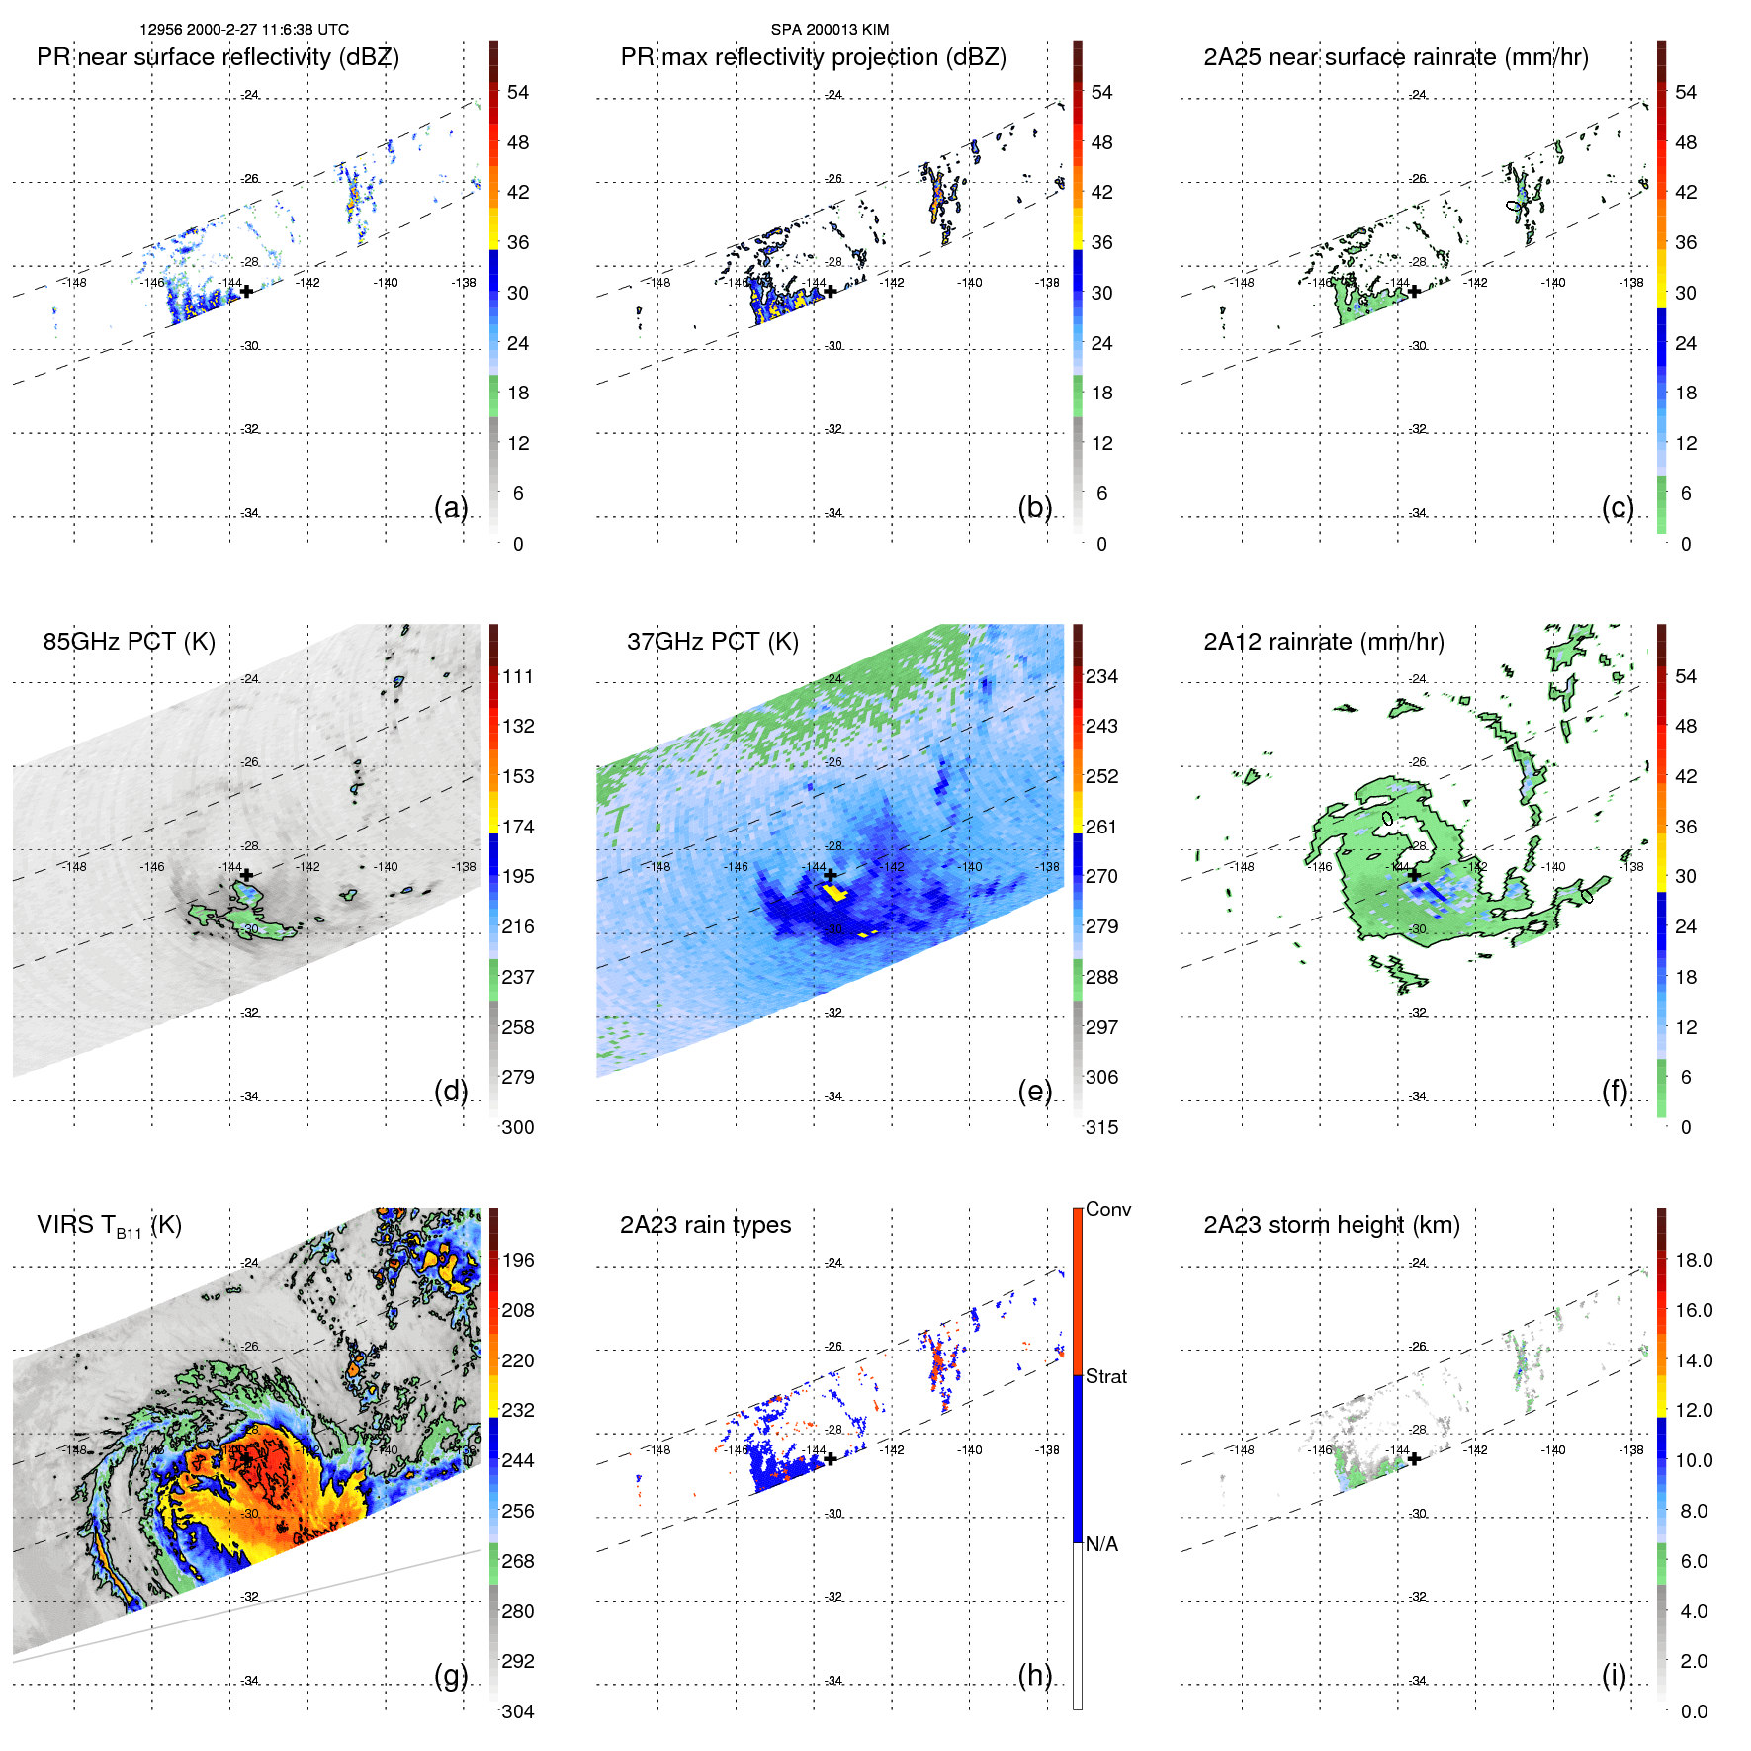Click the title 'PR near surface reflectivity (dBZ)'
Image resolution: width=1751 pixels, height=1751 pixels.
tap(218, 57)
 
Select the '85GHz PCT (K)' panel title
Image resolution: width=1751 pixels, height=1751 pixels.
tap(129, 642)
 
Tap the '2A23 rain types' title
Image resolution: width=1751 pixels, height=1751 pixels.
tap(705, 1225)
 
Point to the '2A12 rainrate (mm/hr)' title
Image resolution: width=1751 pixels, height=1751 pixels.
tap(1323, 642)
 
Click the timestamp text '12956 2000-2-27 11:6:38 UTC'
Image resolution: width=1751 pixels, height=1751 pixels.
tap(244, 30)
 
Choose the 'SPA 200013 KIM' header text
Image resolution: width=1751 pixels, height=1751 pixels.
tap(830, 30)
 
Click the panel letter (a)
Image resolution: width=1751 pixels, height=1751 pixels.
tap(450, 507)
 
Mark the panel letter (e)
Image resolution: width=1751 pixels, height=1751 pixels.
tap(1034, 1091)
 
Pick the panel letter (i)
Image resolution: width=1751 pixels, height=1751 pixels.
tap(1614, 1675)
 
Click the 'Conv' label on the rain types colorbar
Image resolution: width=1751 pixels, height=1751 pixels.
tap(1107, 1209)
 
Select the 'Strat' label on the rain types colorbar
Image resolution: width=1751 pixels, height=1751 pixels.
tap(1105, 1376)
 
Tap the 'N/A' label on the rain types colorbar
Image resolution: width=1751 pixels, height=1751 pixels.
tap(1101, 1544)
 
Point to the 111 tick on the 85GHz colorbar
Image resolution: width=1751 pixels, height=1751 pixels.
tap(517, 676)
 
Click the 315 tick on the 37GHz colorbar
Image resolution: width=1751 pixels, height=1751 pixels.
tap(1101, 1127)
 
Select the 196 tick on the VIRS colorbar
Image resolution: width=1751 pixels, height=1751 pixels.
tap(517, 1260)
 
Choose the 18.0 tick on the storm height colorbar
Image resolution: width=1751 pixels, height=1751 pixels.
tap(1693, 1260)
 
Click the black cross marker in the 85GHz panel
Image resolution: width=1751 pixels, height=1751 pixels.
tap(246, 874)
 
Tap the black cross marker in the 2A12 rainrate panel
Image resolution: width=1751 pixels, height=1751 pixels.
tap(1414, 874)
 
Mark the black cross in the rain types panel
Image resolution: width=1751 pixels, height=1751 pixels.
tap(831, 1458)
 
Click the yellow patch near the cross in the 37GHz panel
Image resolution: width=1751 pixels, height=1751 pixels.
tap(836, 893)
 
